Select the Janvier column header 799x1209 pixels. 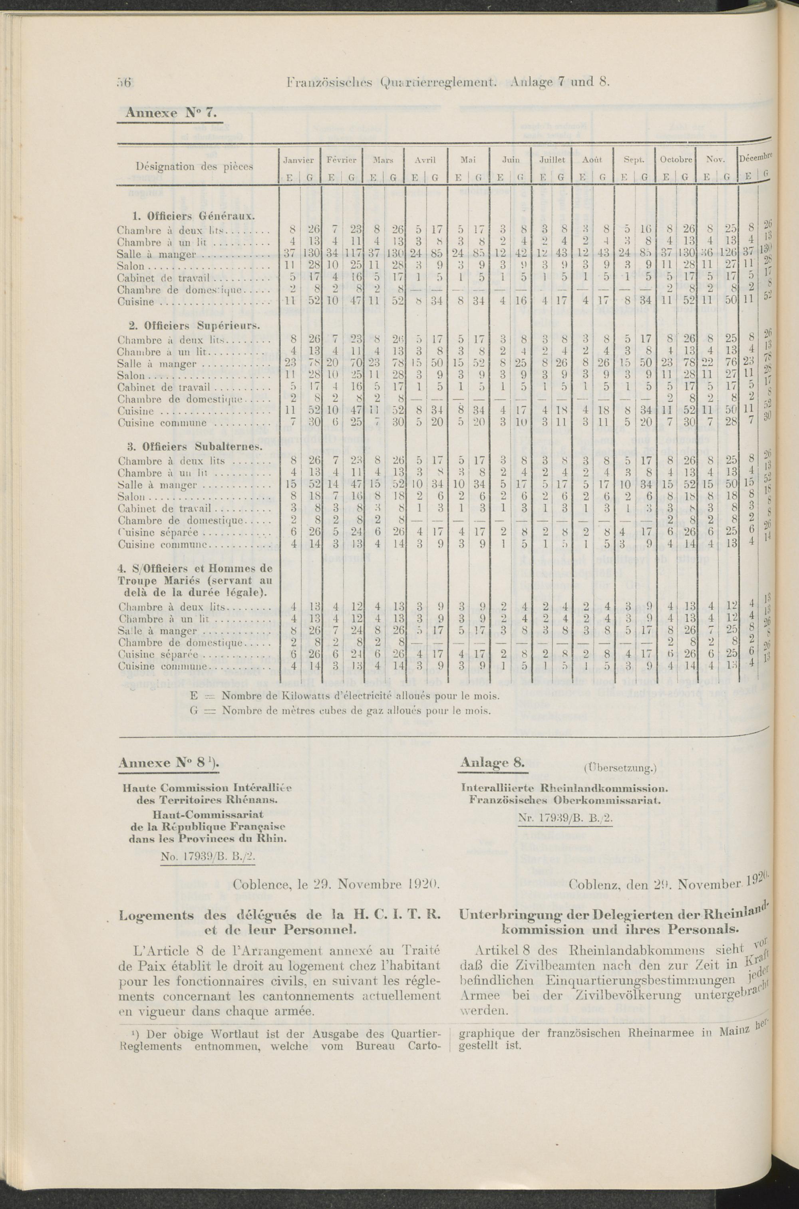point(299,159)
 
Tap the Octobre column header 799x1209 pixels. point(676,159)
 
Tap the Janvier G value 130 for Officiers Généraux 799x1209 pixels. point(310,254)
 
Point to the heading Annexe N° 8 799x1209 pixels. point(169,763)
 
